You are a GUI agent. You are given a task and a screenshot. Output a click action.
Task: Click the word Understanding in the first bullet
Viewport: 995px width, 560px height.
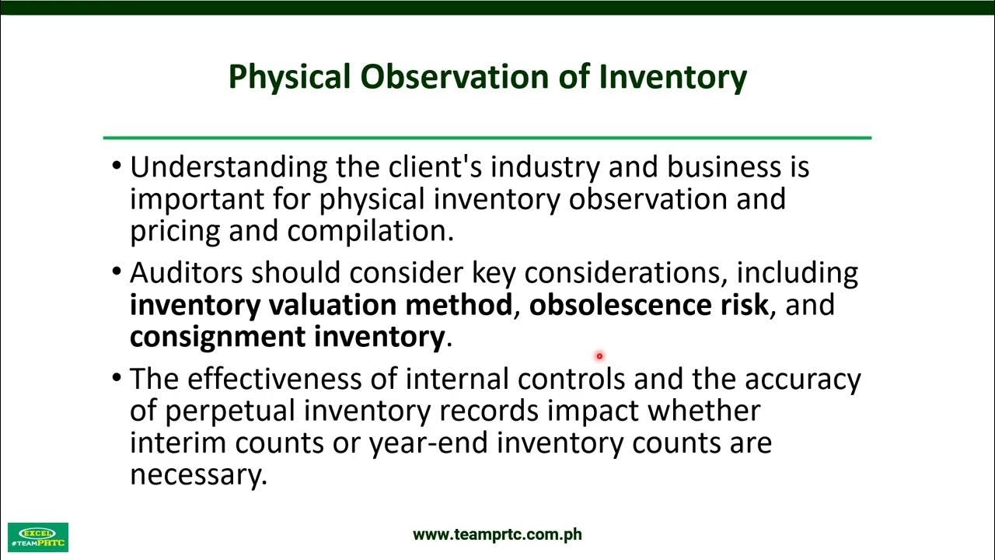tap(229, 167)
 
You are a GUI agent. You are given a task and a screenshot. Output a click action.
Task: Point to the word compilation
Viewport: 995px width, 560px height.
tap(369, 232)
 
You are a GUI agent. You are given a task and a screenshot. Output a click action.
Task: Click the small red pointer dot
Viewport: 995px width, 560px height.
tap(599, 356)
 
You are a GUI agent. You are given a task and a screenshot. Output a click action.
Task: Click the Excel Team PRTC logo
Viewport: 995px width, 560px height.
tap(38, 537)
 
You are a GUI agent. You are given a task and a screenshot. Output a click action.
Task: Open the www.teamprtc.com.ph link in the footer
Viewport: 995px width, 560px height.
tap(497, 534)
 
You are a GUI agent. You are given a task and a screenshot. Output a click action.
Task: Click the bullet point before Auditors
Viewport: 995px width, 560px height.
tap(117, 272)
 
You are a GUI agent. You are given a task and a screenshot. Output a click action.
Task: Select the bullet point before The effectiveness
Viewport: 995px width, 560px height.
tap(117, 378)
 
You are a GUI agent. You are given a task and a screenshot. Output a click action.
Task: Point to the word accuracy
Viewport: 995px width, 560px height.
tap(802, 379)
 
